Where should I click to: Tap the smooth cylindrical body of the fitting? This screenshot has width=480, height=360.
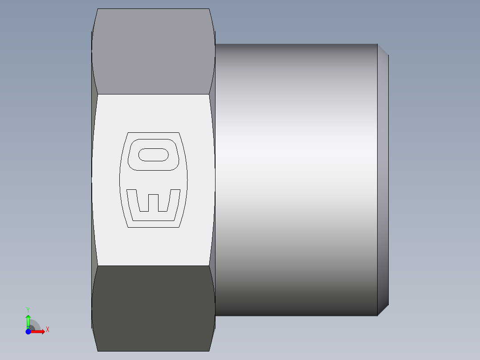[x=296, y=178]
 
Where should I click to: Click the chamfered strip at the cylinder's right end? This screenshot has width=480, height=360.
[x=383, y=178]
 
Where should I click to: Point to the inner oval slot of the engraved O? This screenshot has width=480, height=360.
[x=154, y=155]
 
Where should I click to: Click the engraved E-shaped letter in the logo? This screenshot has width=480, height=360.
[x=154, y=205]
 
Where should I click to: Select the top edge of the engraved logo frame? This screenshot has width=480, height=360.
[x=154, y=132]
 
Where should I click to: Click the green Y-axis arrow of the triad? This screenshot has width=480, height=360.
[x=28, y=319]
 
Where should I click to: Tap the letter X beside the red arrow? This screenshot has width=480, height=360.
[x=47, y=330]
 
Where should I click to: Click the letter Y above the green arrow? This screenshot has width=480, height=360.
[x=28, y=309]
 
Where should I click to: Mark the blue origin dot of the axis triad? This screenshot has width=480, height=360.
[x=28, y=331]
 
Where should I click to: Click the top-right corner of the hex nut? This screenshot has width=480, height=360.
[x=209, y=9]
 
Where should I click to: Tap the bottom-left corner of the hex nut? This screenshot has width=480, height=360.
[x=98, y=351]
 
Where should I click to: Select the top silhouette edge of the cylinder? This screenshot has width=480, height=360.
[x=296, y=44]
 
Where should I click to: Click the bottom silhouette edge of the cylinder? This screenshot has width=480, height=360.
[x=296, y=316]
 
